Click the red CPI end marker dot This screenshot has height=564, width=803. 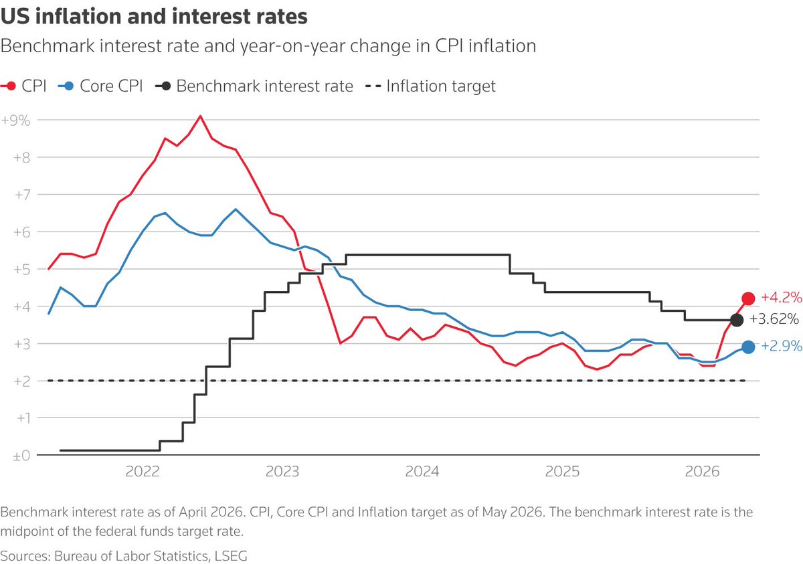tap(748, 298)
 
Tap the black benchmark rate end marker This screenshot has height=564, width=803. tap(737, 320)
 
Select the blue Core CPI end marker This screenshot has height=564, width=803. tap(748, 347)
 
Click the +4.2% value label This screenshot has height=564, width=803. tap(781, 297)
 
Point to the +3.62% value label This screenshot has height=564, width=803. tap(774, 318)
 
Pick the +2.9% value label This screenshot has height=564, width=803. tap(781, 346)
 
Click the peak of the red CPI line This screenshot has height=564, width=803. tap(200, 116)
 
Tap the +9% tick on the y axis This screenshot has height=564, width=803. tap(16, 120)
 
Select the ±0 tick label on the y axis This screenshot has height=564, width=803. tap(21, 456)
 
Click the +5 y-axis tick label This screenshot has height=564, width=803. tap(22, 269)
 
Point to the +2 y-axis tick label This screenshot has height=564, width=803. tap(22, 381)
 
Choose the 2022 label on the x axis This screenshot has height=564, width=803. tap(143, 471)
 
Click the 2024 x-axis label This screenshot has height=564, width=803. tap(422, 471)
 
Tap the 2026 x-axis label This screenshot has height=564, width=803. tap(702, 471)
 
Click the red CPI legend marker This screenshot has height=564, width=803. tap(11, 86)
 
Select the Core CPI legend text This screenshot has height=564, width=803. tap(111, 86)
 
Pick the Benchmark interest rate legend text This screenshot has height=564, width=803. tap(264, 86)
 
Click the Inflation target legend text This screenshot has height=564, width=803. tap(441, 86)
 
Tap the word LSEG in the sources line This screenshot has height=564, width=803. tap(230, 556)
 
